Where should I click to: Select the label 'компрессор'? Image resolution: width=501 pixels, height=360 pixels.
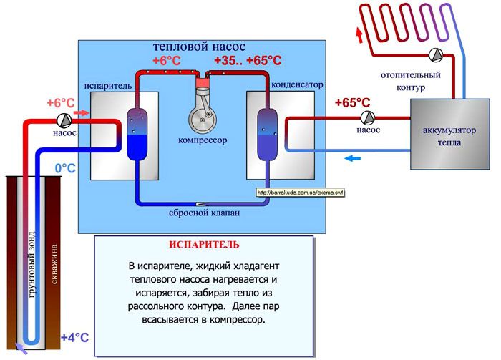(203, 141)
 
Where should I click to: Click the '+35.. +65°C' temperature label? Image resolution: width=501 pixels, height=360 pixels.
(248, 60)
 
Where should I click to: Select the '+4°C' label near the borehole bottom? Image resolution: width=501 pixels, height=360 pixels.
(74, 337)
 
